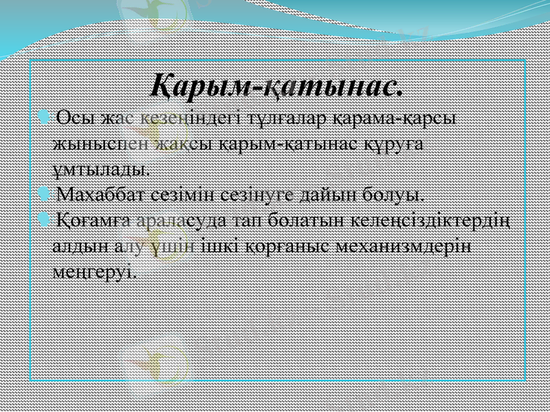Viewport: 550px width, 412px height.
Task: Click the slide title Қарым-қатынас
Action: tap(276, 87)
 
